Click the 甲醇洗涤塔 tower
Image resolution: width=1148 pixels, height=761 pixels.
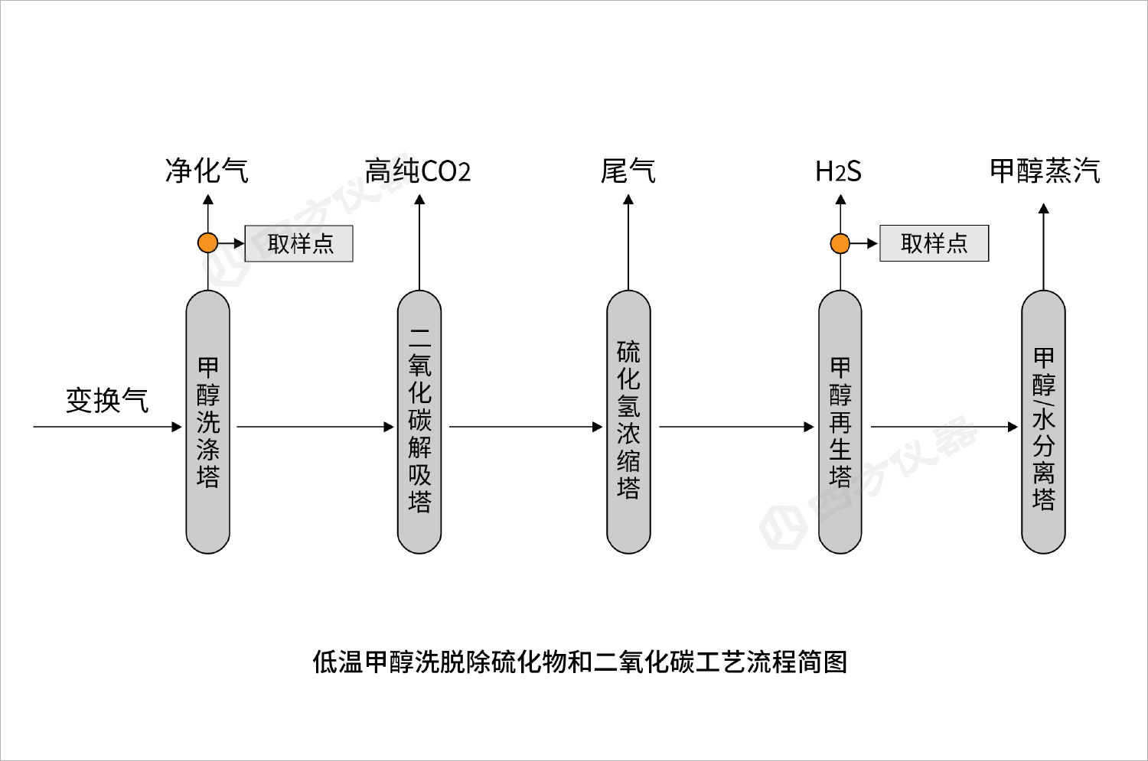coord(208,421)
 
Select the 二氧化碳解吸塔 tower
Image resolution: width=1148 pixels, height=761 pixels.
coord(419,421)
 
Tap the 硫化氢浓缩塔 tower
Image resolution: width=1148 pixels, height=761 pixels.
coord(628,421)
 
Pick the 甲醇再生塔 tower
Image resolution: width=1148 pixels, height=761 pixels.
coord(840,421)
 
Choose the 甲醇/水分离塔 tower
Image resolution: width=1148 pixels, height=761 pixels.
coord(1044,421)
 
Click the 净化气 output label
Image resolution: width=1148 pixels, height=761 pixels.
coord(207,171)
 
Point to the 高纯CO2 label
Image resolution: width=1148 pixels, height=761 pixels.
coord(417,171)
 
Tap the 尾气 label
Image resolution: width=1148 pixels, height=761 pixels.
coord(628,171)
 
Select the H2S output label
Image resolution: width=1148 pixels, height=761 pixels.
coord(839,171)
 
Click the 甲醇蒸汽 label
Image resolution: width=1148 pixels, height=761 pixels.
coord(1045,171)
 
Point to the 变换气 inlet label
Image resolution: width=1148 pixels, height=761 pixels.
coord(107,400)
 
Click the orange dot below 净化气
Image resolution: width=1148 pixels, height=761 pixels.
coord(208,243)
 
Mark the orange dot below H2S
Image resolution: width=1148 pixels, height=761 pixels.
coord(840,244)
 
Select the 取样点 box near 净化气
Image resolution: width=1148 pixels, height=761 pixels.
coord(298,244)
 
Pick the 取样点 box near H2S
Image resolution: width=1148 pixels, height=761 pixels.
coord(934,244)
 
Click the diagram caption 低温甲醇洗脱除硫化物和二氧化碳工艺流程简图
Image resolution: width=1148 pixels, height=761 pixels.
coord(579,661)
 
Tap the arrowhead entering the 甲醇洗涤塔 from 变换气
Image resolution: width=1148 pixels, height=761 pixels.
coord(178,427)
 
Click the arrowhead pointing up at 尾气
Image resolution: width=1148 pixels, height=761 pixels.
coord(628,200)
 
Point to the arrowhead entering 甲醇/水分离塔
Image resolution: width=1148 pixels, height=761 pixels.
coord(1013,427)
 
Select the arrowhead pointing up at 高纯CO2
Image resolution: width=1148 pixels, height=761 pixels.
coord(419,200)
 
